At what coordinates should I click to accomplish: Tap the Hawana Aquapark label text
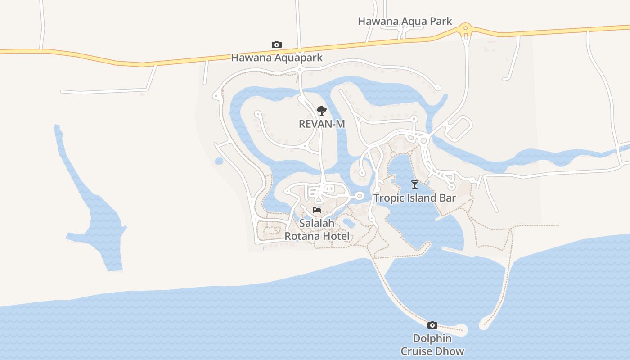coord(277,58)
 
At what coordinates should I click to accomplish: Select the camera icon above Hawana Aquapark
coord(277,45)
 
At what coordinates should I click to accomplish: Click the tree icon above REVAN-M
coord(321,110)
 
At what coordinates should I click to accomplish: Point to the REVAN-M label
coord(322,124)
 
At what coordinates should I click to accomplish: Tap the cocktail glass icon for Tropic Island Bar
coord(415,184)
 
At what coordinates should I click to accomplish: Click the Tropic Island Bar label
coord(414,198)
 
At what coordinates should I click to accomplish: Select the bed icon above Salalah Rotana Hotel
coord(317,210)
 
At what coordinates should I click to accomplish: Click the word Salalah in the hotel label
coord(317,223)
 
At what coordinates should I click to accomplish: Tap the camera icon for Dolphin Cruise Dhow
coord(432,325)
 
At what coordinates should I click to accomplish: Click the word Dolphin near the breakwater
coord(432,338)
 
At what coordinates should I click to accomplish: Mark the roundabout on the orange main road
coord(466,29)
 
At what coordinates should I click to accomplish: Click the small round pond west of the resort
coord(219,161)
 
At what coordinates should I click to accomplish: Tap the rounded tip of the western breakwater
coord(463,331)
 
